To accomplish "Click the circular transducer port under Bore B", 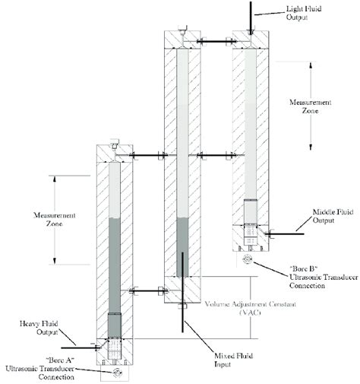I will (248, 260).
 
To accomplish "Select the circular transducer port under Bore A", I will (115, 373).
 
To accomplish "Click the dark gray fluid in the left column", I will (115, 266).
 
